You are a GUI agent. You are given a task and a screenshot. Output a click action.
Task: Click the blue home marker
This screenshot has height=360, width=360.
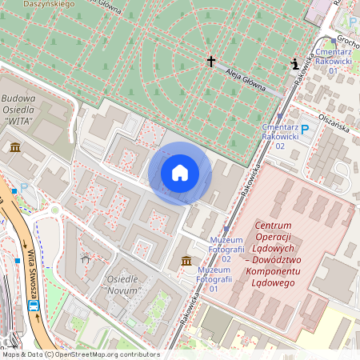pyautogui.click(x=180, y=173)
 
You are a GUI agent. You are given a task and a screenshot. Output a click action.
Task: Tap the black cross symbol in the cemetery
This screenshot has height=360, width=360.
pyautogui.click(x=212, y=61)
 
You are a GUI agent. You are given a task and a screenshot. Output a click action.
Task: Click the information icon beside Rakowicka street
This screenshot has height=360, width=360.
pyautogui.click(x=296, y=64)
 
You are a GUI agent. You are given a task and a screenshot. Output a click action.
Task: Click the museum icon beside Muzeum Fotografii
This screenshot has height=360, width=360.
pyautogui.click(x=186, y=262)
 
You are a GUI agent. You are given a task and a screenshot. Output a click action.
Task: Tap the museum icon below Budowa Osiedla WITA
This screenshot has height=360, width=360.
pyautogui.click(x=15, y=147)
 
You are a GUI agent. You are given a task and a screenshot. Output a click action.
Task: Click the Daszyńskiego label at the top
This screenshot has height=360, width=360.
pyautogui.click(x=49, y=4)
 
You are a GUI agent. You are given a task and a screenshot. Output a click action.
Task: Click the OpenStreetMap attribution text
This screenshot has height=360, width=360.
pyautogui.click(x=82, y=354)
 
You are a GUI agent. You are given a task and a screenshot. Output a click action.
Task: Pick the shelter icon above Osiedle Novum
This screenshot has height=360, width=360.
pyautogui.click(x=86, y=258)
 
